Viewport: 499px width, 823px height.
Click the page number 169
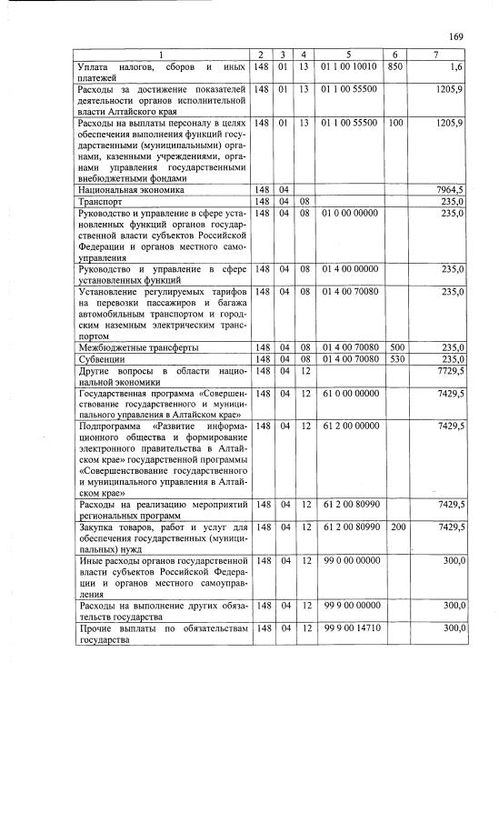tap(456, 36)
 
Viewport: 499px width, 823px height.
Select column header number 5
tap(349, 56)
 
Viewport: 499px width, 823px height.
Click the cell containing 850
tap(394, 67)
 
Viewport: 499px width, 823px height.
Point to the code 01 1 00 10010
tap(349, 67)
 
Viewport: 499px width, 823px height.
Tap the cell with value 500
tap(394, 347)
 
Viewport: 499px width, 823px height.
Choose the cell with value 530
tap(394, 359)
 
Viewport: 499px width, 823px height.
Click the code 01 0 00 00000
tap(349, 213)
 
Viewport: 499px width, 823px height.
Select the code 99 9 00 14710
tap(349, 628)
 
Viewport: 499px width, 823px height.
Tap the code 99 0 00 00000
tap(349, 561)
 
